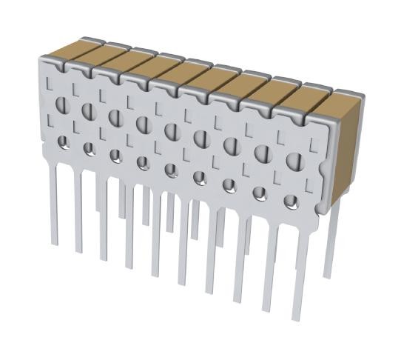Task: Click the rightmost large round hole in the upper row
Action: coord(294,161)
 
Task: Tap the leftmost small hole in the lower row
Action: coord(63,141)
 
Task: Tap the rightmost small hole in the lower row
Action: coord(291,200)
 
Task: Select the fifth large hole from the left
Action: coord(172,131)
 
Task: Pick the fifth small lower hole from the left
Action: coord(171,170)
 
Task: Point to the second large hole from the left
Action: coord(88,110)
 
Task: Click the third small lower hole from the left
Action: coord(115,156)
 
